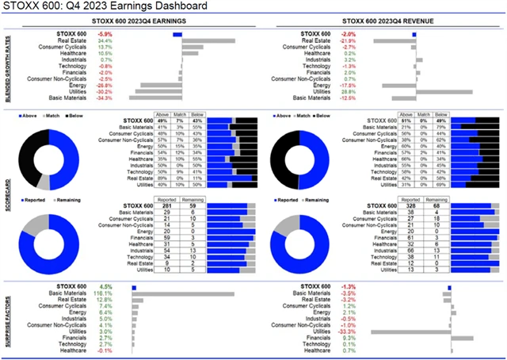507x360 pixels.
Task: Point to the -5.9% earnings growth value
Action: tap(105, 34)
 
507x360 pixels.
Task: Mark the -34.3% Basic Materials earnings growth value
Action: tap(105, 98)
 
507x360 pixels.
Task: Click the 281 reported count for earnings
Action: tap(166, 206)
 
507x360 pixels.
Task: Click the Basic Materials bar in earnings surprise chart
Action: tap(182, 293)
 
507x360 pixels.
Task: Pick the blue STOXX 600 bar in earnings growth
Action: tap(177, 34)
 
